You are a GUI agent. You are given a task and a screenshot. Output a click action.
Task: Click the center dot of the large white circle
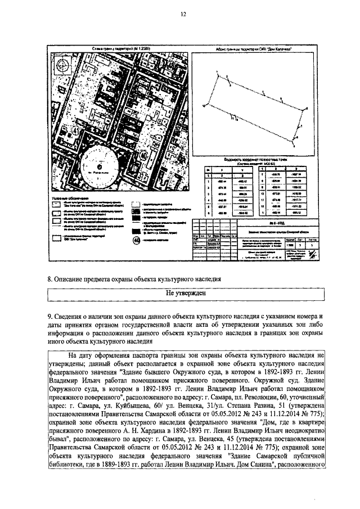pos(99,166)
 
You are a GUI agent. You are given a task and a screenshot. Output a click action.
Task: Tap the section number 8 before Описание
pos(49,279)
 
